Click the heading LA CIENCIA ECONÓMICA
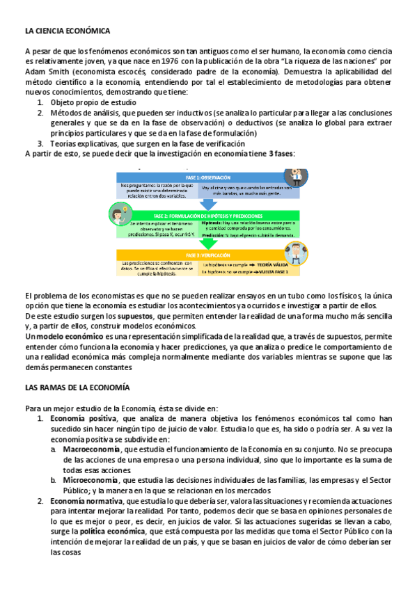point(67,31)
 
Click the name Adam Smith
point(46,72)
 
